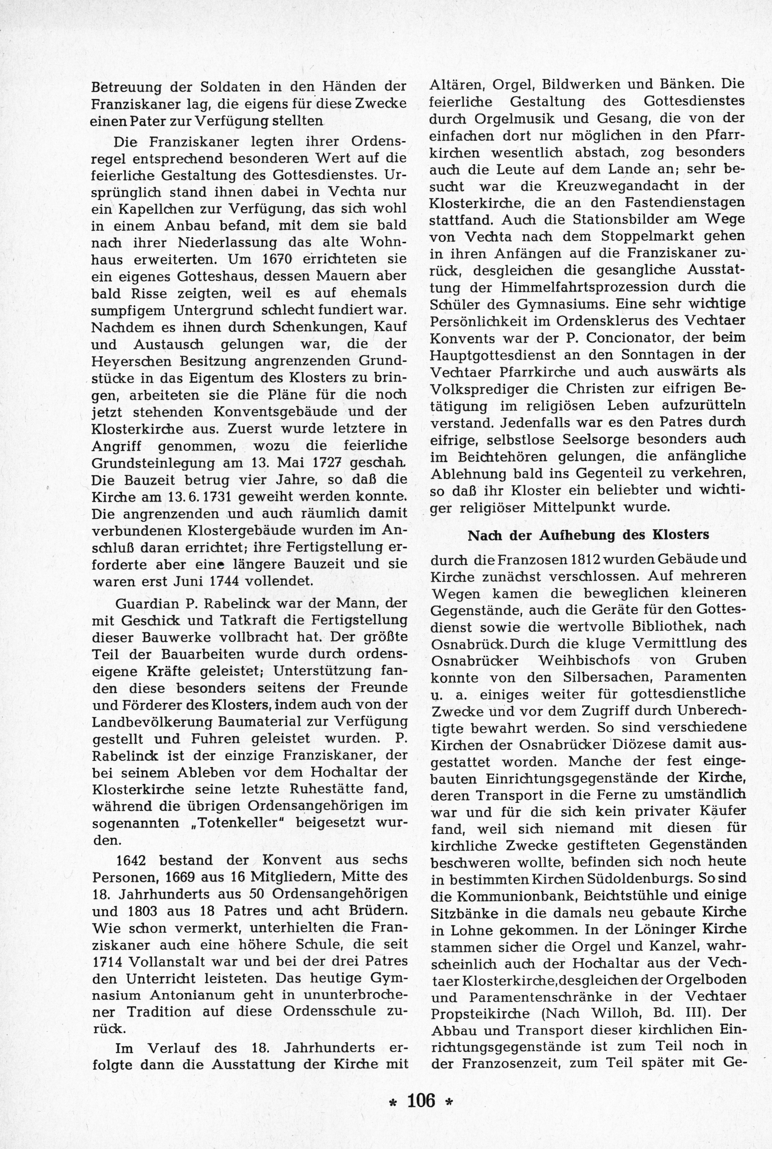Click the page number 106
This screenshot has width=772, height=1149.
coord(421,1086)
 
